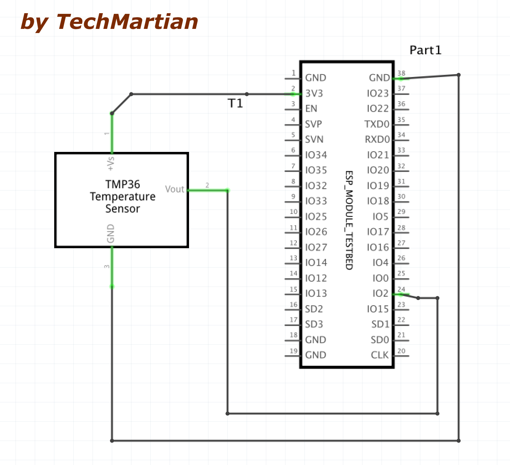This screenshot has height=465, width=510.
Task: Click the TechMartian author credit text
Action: [109, 22]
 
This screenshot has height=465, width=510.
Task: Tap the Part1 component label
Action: [425, 50]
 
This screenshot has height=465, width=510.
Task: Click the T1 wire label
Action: [235, 103]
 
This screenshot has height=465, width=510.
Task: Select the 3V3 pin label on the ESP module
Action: [314, 93]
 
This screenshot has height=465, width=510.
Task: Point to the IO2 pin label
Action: [380, 293]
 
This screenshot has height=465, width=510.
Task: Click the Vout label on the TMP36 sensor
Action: [174, 189]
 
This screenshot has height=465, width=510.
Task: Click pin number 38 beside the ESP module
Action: [401, 73]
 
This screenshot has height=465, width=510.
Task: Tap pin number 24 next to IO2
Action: [401, 289]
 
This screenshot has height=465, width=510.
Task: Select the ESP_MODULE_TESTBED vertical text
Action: [349, 220]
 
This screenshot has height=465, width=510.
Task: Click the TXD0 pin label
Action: [377, 124]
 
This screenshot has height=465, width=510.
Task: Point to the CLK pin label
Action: [379, 355]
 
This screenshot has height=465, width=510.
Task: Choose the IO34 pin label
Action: [316, 155]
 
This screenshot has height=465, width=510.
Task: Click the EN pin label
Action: [311, 109]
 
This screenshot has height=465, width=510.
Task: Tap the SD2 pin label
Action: [314, 309]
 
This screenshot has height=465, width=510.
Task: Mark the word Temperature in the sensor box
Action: [122, 196]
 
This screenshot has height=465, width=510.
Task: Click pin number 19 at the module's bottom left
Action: [294, 351]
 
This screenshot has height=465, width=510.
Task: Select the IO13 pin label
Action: [316, 293]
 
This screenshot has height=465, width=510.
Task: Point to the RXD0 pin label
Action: [377, 139]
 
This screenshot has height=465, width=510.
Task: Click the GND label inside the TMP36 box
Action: [111, 234]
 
